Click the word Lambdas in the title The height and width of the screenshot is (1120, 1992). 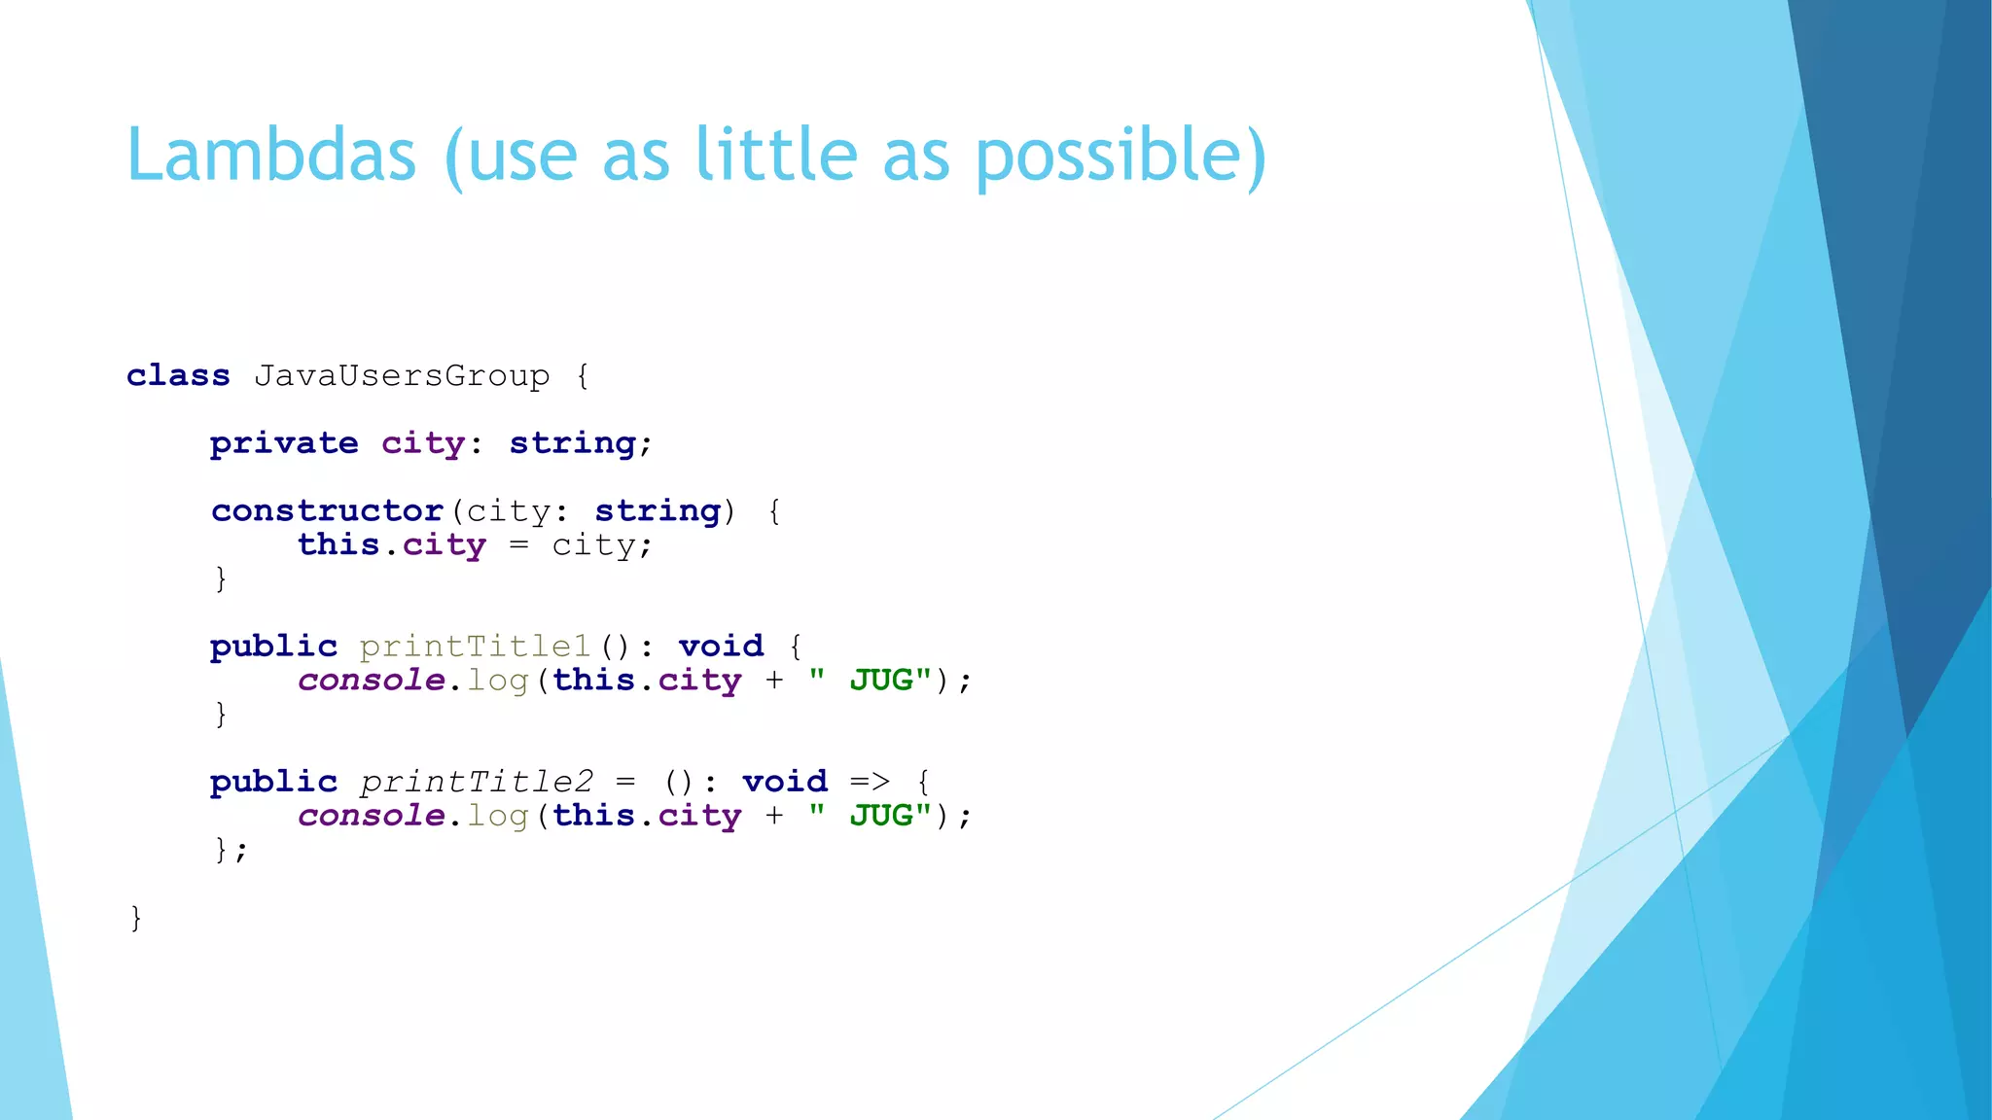271,156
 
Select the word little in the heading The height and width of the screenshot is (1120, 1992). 776,156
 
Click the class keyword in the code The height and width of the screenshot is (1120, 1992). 178,375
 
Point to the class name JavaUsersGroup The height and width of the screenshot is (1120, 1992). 402,376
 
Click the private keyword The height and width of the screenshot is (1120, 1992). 284,443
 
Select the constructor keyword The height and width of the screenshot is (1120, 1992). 327,510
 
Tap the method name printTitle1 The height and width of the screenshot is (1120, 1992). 475,647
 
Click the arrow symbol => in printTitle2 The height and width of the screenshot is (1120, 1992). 870,782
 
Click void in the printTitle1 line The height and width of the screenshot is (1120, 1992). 721,647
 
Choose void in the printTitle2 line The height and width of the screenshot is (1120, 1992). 785,782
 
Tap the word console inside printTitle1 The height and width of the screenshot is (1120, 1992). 371,681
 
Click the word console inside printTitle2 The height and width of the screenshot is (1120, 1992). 371,816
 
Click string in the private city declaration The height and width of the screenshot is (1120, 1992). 573,443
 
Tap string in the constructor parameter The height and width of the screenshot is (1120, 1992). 658,510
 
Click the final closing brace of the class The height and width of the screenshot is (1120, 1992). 136,917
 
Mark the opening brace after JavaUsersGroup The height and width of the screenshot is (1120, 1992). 583,376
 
